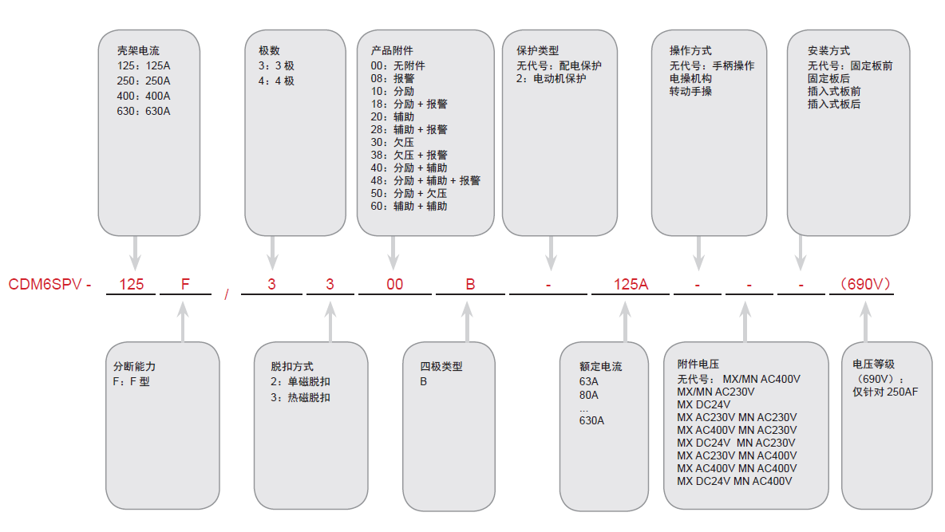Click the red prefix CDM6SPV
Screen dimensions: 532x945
[45, 284]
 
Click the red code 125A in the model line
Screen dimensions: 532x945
[631, 284]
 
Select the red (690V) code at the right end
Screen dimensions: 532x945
[861, 284]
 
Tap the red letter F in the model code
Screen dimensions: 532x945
[185, 284]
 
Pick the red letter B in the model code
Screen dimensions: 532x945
[470, 284]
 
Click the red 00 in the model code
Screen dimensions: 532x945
[395, 284]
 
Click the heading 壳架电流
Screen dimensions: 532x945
[138, 51]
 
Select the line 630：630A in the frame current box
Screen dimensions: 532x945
[144, 111]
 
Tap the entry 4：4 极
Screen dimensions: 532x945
[276, 81]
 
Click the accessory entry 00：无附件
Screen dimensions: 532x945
[398, 65]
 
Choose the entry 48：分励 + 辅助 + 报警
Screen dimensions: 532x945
[425, 180]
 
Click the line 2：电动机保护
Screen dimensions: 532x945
[552, 78]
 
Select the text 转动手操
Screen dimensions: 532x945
[690, 91]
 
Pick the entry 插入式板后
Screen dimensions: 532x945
[834, 104]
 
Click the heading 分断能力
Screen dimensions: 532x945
[135, 367]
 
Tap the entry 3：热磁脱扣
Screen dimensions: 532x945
[300, 397]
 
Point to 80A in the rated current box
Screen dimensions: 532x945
[589, 395]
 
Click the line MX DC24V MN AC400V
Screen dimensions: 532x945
[734, 481]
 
